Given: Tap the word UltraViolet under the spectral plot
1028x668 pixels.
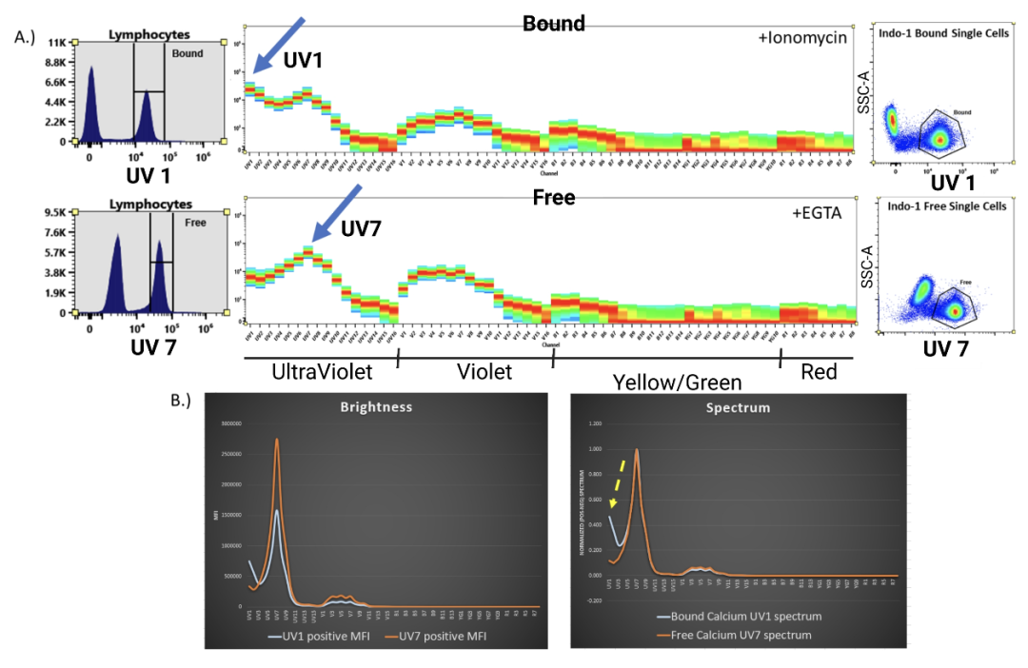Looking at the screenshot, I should (322, 372).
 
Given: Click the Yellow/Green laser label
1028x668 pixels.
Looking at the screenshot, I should (677, 383).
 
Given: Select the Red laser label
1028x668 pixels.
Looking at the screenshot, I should (820, 372).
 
